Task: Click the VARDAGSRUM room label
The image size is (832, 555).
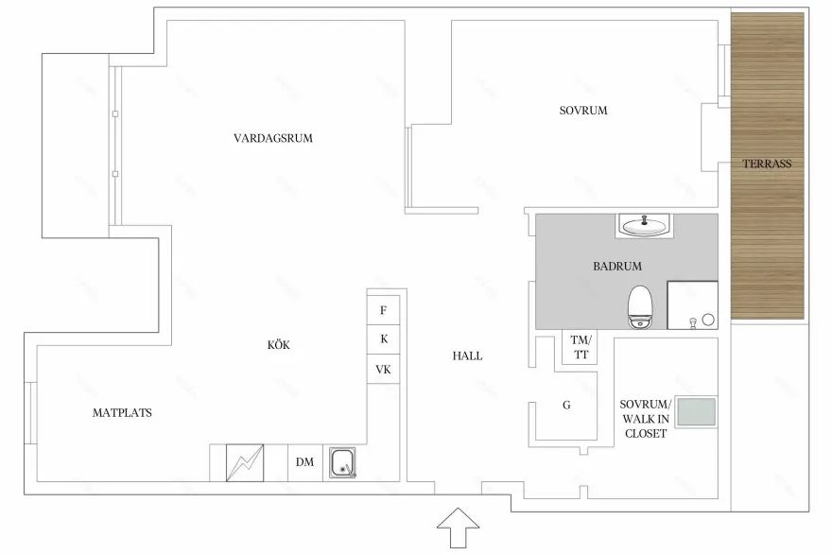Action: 272,138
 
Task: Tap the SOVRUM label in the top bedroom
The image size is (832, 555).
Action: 583,111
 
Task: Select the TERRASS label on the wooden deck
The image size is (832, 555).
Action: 767,164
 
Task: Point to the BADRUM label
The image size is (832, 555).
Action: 617,266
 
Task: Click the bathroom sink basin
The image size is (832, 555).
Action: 644,226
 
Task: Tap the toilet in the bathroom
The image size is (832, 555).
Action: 639,306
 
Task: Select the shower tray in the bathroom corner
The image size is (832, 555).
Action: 692,305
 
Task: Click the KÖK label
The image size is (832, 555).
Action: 279,345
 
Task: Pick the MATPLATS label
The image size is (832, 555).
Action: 122,413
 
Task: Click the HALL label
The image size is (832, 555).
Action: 467,356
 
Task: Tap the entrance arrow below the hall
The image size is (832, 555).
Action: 458,528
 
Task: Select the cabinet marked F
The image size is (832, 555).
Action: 384,310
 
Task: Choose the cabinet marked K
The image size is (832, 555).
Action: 384,339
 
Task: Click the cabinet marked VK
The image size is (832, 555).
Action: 384,369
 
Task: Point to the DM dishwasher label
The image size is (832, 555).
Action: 304,462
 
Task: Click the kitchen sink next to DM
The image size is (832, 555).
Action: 342,462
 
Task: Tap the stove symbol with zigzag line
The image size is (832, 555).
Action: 245,462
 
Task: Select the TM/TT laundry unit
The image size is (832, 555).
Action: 580,347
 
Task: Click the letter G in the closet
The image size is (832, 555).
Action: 566,406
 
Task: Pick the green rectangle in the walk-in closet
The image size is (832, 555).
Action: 697,411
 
